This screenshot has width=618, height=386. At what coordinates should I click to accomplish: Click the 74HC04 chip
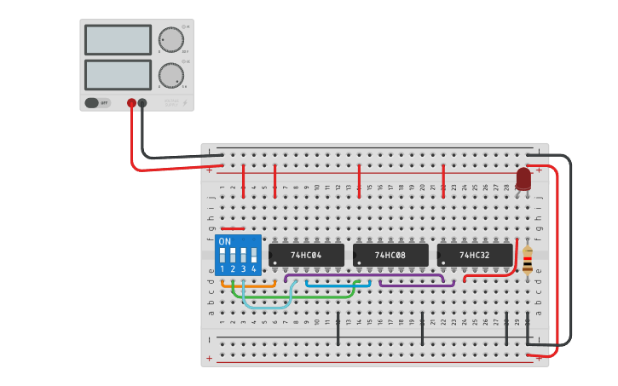click(307, 255)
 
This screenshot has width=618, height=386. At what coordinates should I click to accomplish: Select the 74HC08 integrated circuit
click(390, 255)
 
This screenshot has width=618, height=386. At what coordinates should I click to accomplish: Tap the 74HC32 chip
click(475, 255)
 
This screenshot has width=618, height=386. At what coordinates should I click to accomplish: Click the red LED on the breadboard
click(523, 179)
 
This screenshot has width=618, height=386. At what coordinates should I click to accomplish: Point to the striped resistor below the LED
click(528, 262)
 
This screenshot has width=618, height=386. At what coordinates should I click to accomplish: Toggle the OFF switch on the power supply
click(97, 103)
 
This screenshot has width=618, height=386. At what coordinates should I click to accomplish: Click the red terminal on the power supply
click(131, 103)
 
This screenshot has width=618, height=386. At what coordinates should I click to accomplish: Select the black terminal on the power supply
click(142, 103)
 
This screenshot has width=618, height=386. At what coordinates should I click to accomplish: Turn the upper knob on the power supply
click(170, 39)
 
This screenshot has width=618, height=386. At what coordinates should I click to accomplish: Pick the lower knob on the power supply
click(170, 75)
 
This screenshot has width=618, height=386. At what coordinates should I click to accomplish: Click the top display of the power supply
click(118, 39)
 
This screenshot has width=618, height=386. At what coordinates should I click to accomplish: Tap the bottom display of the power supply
click(118, 74)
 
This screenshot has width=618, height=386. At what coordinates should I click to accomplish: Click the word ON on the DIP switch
click(225, 241)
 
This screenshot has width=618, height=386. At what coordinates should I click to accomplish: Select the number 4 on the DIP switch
click(253, 268)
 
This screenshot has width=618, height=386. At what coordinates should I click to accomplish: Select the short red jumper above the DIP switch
click(233, 228)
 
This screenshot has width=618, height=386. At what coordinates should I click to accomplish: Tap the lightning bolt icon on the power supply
click(185, 104)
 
